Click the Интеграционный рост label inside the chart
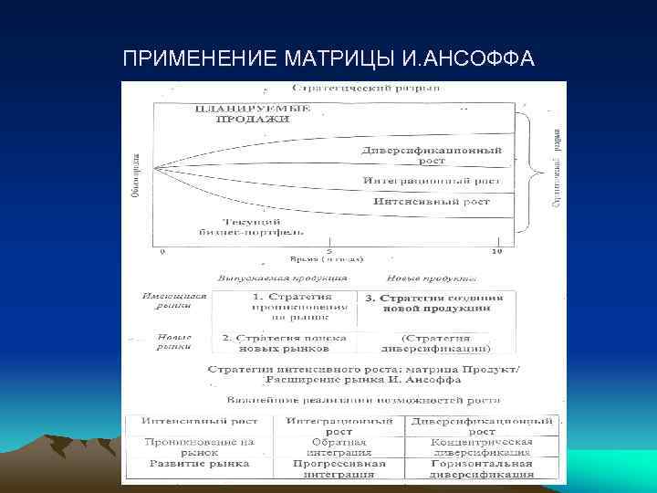[432, 180]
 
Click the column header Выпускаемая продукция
[282, 276]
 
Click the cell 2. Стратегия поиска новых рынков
[287, 342]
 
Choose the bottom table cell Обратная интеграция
[339, 446]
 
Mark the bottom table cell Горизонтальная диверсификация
[483, 468]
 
